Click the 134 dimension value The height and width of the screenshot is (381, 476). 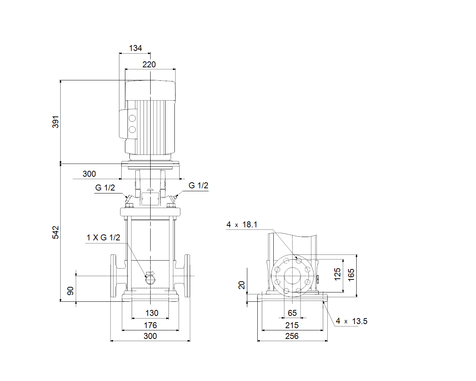pyautogui.click(x=135, y=48)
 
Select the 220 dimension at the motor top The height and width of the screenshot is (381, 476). pyautogui.click(x=149, y=64)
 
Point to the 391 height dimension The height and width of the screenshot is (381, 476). pyautogui.click(x=55, y=122)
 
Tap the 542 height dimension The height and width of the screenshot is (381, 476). pyautogui.click(x=55, y=233)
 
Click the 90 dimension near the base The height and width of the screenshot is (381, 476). pyautogui.click(x=70, y=291)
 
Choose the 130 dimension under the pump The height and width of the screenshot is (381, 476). pyautogui.click(x=152, y=313)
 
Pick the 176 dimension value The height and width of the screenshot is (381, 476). pyautogui.click(x=150, y=325)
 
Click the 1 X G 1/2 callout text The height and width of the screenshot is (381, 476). pyautogui.click(x=103, y=237)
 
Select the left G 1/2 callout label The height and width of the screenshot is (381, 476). pyautogui.click(x=105, y=188)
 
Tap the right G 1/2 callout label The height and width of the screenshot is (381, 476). pyautogui.click(x=199, y=186)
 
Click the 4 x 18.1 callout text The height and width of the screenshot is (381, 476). pyautogui.click(x=242, y=225)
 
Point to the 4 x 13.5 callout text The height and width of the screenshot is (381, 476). pyautogui.click(x=351, y=321)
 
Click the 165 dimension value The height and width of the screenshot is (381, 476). pyautogui.click(x=351, y=275)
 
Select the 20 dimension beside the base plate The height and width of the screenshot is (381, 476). pyautogui.click(x=242, y=285)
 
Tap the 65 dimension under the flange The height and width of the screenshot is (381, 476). pyautogui.click(x=292, y=313)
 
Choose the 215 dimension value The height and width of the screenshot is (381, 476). pyautogui.click(x=292, y=325)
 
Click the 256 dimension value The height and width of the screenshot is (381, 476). pyautogui.click(x=292, y=336)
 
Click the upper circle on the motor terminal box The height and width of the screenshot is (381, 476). pyautogui.click(x=132, y=118)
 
